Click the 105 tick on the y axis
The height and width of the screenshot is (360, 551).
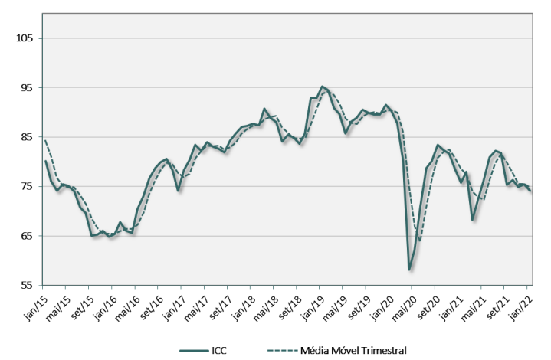click(16, 38)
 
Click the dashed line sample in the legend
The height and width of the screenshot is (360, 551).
click(281, 350)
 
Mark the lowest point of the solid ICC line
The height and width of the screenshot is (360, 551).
click(410, 270)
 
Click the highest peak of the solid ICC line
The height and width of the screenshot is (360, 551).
click(323, 87)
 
